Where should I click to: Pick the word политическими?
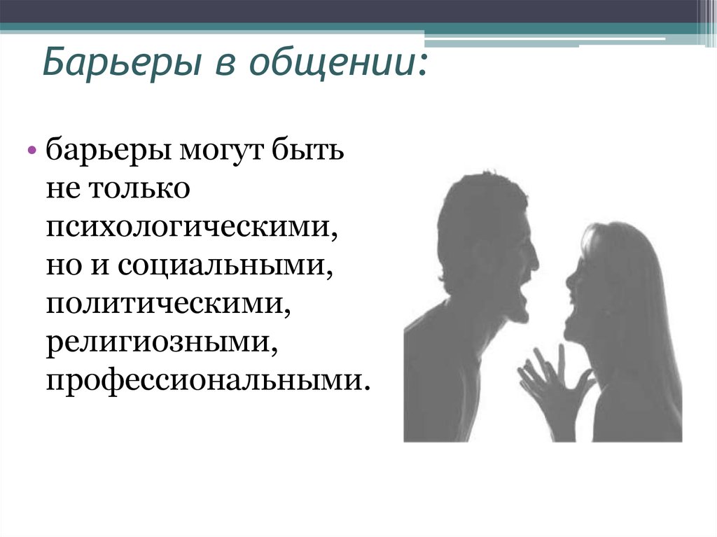(x=169, y=305)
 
